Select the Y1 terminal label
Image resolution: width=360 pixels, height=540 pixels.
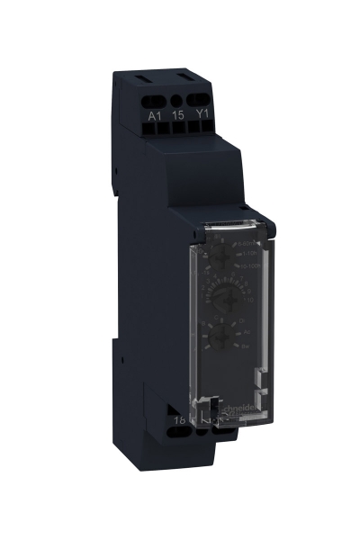pyautogui.click(x=201, y=114)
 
